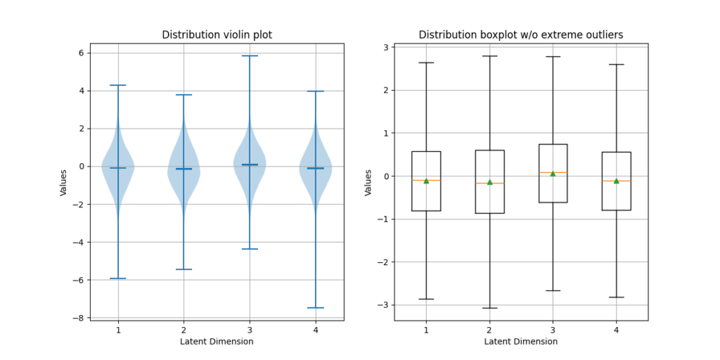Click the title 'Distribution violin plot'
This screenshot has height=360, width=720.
pos(217,34)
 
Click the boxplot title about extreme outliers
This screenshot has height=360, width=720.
pos(520,34)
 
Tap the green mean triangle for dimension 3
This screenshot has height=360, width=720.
pos(553,174)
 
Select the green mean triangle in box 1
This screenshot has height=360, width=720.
pos(426,181)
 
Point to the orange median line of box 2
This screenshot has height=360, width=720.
pos(489,183)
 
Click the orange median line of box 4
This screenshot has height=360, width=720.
pos(616,181)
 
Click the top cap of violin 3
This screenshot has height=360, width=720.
pos(250,56)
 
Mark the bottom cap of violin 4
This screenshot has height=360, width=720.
pos(315,307)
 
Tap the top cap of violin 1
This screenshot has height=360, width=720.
pos(118,85)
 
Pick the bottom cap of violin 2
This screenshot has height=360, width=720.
pos(184,269)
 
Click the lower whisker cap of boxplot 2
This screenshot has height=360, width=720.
pos(489,308)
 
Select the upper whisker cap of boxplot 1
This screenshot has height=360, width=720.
pos(426,63)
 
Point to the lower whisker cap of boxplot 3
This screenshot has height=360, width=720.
pos(553,290)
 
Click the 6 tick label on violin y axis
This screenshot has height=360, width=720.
pos(82,53)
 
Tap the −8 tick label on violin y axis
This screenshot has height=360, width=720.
pos(79,318)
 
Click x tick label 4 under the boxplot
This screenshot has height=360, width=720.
pos(616,330)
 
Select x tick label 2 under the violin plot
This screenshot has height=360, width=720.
pos(184,330)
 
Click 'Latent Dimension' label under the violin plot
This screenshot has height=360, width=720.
pos(217,342)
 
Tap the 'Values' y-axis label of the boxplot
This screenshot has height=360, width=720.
pos(368,182)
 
